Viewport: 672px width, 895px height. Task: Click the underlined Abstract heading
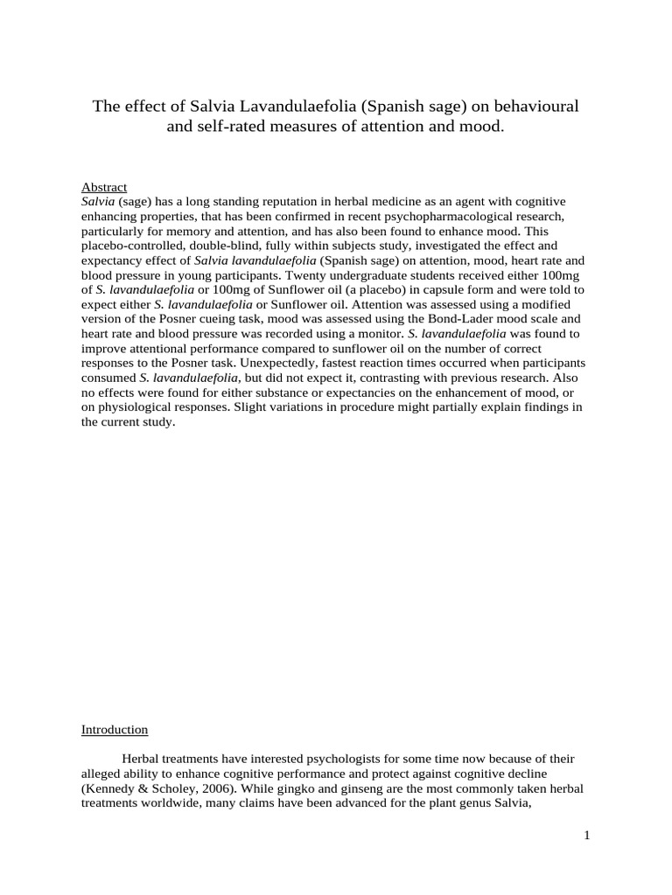[x=104, y=187]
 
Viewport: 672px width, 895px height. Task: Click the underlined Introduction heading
[x=115, y=729]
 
